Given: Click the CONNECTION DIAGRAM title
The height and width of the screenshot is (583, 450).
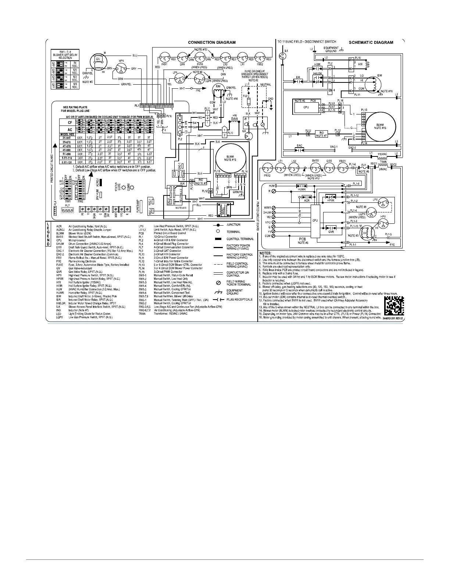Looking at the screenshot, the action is [x=211, y=42].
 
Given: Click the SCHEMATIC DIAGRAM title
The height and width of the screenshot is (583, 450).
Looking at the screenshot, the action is [x=371, y=42].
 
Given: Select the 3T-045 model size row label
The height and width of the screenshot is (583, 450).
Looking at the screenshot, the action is [x=67, y=137].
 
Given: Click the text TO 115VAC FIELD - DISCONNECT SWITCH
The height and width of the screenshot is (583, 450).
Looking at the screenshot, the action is [x=306, y=42].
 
